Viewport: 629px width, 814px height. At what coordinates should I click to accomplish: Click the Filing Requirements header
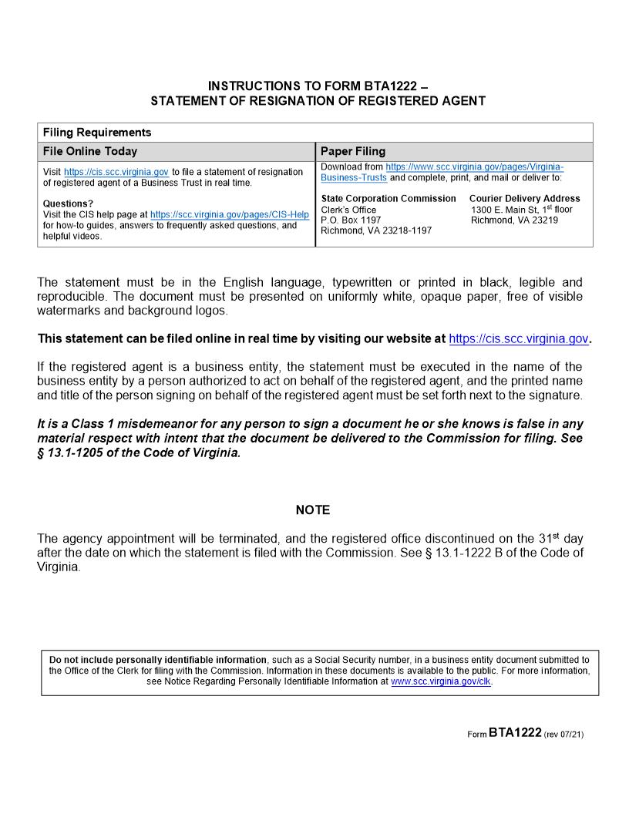97,133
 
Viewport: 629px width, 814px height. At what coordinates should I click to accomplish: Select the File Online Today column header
90,152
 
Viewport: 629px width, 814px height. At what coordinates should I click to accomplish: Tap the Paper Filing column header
353,152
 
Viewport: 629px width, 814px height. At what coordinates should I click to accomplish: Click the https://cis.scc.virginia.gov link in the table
116,172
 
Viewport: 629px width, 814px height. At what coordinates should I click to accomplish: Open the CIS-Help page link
229,215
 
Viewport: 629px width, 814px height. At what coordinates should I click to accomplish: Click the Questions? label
68,204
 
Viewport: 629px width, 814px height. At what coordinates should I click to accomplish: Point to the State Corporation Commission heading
388,199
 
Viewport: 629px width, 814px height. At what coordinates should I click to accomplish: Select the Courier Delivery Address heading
524,199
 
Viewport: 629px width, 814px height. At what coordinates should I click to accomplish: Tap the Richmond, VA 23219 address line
514,220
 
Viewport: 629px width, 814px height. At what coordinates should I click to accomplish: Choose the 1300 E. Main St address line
521,210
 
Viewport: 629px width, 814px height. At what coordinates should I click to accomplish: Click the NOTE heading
313,510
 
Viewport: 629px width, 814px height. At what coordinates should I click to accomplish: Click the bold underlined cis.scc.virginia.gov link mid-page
518,338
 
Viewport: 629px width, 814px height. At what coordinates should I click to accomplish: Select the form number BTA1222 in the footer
515,733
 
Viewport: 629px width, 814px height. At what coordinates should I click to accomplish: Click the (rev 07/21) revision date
563,735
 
